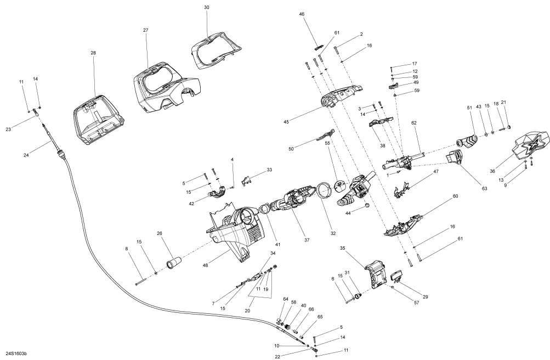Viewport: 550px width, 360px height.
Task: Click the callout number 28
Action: [93, 53]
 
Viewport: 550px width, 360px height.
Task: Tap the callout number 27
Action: [146, 30]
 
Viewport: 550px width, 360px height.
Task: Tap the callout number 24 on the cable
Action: [26, 155]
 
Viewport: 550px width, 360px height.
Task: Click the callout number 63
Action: [484, 189]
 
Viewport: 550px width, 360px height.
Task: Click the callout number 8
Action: [127, 250]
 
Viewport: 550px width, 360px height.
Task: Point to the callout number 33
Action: [269, 170]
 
